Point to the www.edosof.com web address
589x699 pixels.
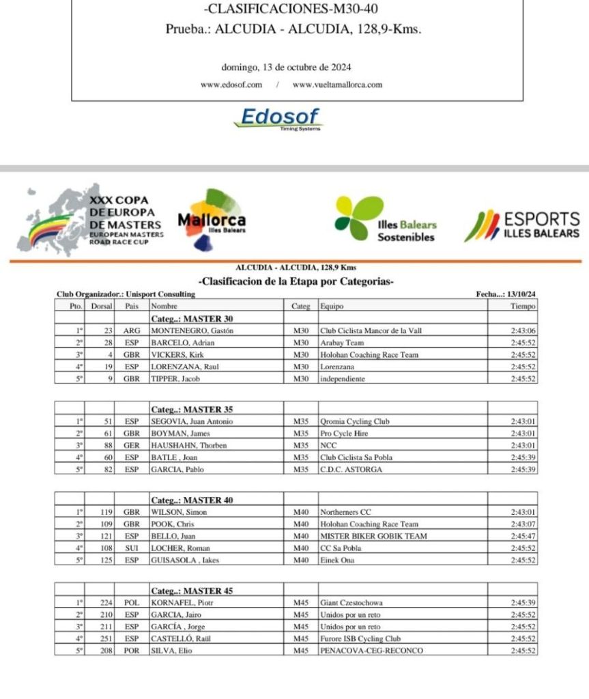231,85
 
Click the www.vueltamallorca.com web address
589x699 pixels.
337,85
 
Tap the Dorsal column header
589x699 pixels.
101,306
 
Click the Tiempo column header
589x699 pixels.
523,306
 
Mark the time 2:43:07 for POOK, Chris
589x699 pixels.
523,524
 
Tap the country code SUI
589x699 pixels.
132,548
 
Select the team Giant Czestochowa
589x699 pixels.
351,603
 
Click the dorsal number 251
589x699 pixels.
106,639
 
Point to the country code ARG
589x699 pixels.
132,331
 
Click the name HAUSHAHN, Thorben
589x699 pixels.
188,446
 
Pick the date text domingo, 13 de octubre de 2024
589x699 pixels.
286,68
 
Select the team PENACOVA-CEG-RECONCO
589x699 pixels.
371,651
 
